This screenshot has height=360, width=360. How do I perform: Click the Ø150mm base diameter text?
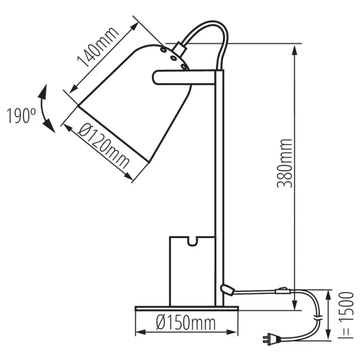(x=186, y=324)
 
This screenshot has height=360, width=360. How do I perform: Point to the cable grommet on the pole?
(x=227, y=289)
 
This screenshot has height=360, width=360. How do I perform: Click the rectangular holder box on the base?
(x=192, y=271)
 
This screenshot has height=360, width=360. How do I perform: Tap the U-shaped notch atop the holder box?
(x=193, y=243)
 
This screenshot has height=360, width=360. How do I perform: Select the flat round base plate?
(x=186, y=308)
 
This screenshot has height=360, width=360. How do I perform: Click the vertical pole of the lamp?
(x=219, y=191)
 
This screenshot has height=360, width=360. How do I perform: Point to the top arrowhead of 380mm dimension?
(x=294, y=49)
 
